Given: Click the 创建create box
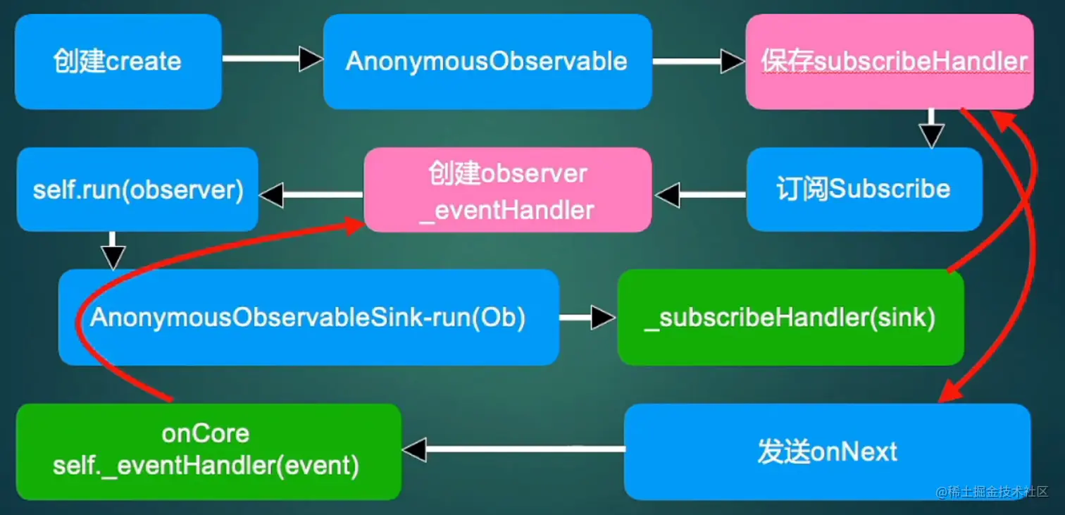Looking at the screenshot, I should coord(118,61).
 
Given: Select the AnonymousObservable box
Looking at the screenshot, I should coord(487,61).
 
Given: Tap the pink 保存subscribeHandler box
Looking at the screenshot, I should coord(890,61).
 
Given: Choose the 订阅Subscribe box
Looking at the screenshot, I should coord(864,189).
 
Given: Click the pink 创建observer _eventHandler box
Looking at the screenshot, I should coord(507,190).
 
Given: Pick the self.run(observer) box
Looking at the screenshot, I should coord(137,190).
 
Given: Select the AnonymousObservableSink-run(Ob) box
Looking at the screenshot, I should coord(308,317).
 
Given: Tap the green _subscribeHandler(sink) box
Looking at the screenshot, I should coord(790,317).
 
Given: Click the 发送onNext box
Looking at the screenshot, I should coord(827,451).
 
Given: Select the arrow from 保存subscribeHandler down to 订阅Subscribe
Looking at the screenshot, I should coord(931,128).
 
